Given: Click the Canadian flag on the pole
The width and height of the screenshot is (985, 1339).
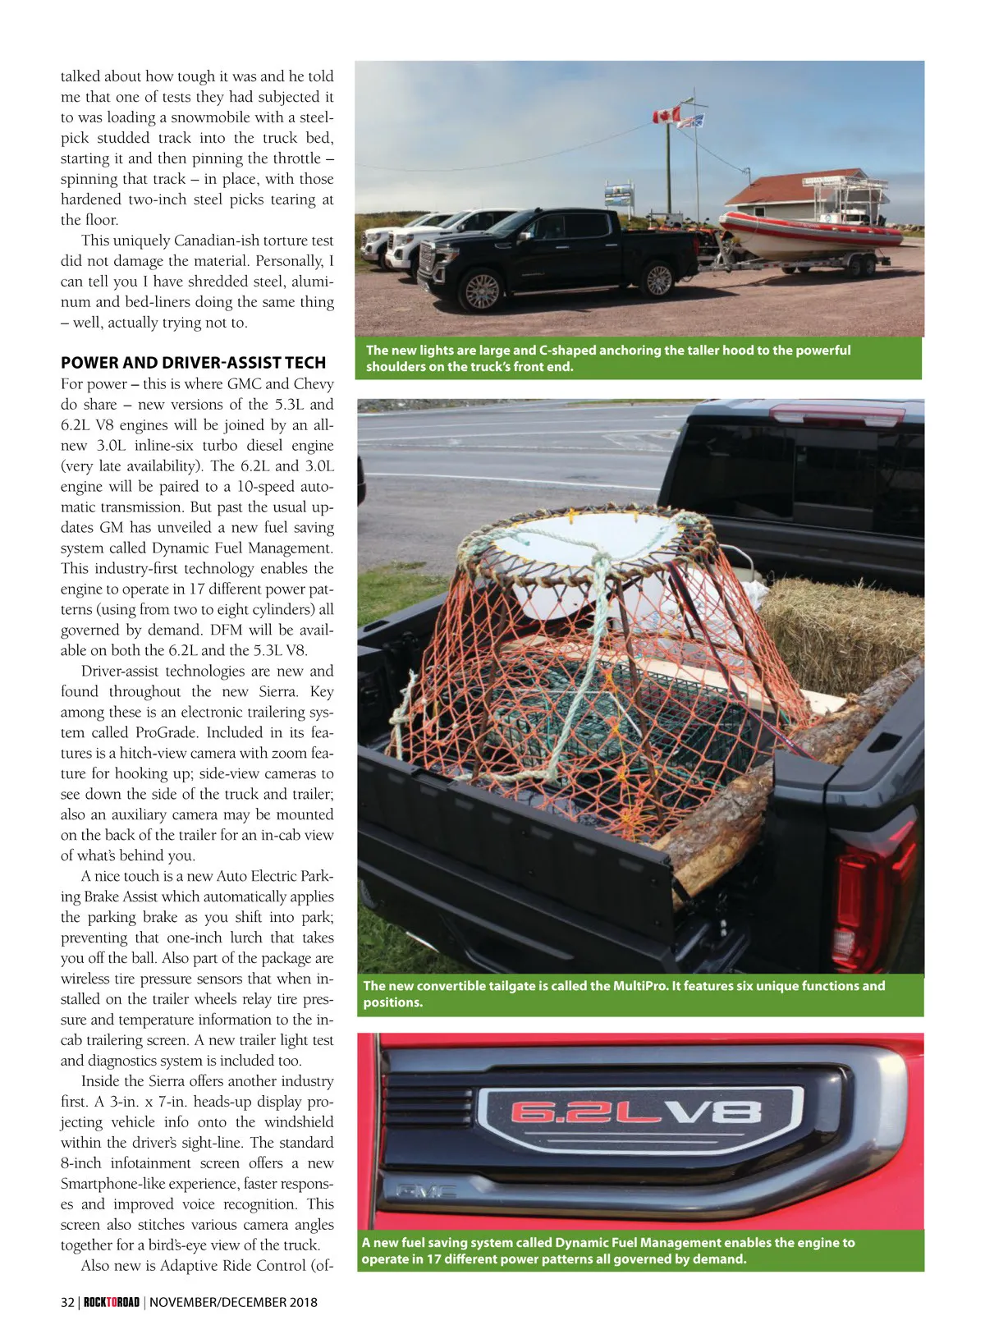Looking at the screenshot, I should click(x=666, y=116).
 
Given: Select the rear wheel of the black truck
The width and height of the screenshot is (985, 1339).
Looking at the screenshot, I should click(x=658, y=278).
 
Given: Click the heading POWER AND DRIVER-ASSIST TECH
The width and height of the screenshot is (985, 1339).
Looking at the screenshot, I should click(x=193, y=363).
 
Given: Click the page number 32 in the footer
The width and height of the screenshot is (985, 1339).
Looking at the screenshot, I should click(x=67, y=1302).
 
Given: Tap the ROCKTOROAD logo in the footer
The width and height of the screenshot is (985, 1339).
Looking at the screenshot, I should click(x=112, y=1302).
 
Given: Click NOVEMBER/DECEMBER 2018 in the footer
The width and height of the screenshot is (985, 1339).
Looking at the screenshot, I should click(x=233, y=1302).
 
